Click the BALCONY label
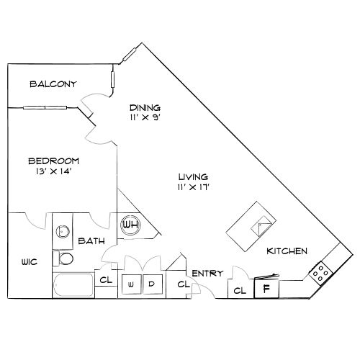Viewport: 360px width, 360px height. click(x=53, y=84)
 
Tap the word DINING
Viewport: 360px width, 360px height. click(x=145, y=107)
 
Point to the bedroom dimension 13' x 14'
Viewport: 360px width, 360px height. click(x=54, y=171)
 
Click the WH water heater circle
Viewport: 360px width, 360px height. click(x=130, y=225)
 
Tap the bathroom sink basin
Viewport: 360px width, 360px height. click(x=63, y=232)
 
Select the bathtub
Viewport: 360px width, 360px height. click(x=73, y=285)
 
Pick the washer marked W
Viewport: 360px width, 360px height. click(x=132, y=284)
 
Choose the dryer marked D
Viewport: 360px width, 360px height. click(x=153, y=284)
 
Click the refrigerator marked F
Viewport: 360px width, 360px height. click(x=266, y=289)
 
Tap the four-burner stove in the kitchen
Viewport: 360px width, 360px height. click(x=320, y=273)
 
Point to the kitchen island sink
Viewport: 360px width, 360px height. click(x=261, y=226)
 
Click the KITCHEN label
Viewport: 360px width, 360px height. click(x=287, y=251)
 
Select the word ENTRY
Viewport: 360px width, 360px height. click(x=207, y=273)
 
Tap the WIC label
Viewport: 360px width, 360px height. click(x=30, y=261)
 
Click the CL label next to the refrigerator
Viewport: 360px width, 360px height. click(x=240, y=291)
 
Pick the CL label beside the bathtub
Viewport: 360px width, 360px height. click(x=106, y=279)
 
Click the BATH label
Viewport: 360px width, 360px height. click(x=91, y=240)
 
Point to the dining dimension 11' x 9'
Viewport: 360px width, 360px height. click(x=145, y=117)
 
